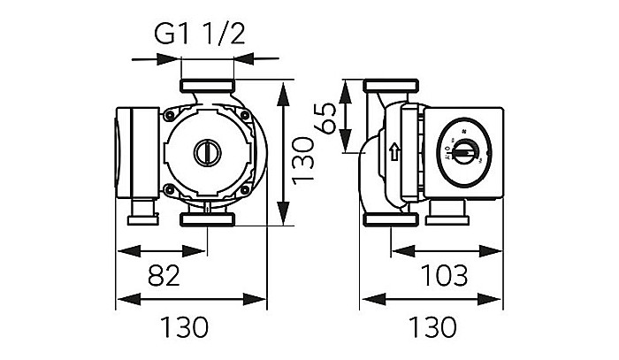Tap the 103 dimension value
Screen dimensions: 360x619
444,276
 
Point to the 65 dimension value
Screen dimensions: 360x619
327,118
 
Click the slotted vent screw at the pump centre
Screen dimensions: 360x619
207,152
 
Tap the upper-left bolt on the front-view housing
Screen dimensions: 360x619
168,115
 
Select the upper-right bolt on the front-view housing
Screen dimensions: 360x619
244,115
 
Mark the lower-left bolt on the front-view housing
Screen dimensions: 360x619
168,188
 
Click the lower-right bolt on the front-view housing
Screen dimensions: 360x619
244,188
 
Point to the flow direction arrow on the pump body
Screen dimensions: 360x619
394,151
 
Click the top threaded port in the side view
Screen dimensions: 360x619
386,88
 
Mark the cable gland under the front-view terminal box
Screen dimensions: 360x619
141,212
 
